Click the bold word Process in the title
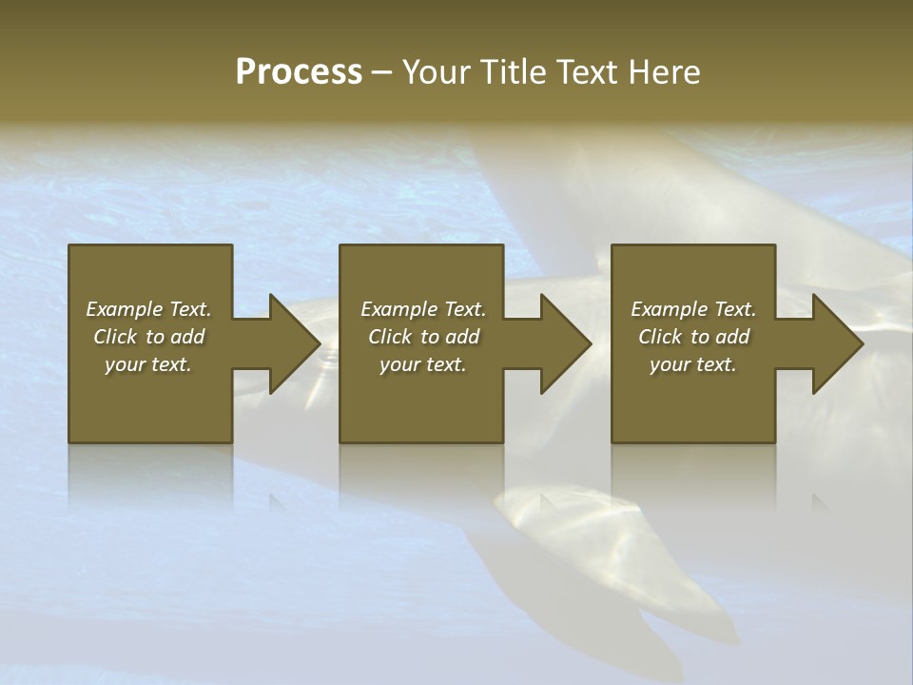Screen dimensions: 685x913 [x=299, y=72]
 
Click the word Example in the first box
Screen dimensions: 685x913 [x=125, y=309]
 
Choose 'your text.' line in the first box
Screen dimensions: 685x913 [x=148, y=364]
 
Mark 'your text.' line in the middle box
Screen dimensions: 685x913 [x=423, y=364]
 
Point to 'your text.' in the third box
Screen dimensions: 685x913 [x=693, y=364]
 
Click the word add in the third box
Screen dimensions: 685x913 [x=733, y=337]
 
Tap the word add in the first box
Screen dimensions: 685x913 [x=188, y=337]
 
